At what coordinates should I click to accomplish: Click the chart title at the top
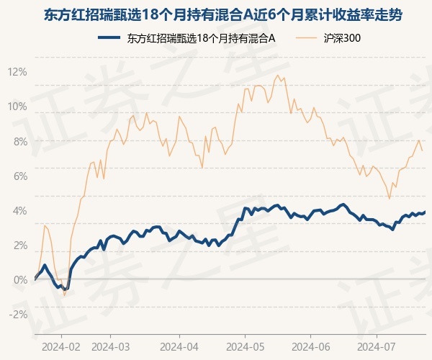223,15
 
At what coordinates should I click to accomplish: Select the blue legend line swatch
109,38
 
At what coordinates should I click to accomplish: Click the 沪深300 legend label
342,38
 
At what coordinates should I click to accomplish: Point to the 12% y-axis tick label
17,72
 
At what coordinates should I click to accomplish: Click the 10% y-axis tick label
17,107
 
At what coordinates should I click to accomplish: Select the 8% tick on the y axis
20,142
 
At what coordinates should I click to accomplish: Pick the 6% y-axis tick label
20,176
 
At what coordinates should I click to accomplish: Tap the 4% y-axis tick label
20,211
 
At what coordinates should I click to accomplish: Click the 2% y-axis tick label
20,246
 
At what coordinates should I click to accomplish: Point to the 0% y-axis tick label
20,280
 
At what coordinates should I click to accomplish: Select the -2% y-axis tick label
18,315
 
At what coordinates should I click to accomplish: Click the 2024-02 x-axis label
61,347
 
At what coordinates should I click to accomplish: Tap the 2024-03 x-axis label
110,347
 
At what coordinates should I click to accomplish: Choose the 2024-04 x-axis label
179,347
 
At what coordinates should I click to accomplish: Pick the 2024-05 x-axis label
246,347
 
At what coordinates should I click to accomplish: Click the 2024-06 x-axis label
311,347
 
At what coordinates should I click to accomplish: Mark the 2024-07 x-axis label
377,347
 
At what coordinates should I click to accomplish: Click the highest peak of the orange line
277,75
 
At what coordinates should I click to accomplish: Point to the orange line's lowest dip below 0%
65,295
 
